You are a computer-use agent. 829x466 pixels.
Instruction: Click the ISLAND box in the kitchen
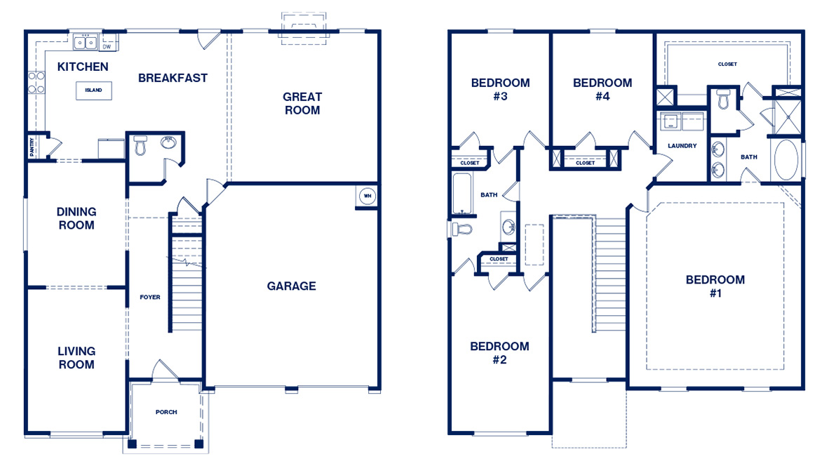click(x=93, y=90)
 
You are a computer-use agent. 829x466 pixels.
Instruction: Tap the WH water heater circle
click(x=367, y=196)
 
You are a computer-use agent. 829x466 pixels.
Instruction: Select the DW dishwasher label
click(x=107, y=47)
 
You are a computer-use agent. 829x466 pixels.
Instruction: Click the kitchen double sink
click(x=87, y=44)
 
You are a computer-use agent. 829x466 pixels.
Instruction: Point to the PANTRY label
click(x=32, y=147)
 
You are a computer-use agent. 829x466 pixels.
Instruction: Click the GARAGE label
click(x=291, y=286)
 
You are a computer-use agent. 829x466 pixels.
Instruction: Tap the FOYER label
click(x=149, y=297)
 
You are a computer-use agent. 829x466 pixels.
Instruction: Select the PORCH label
click(x=166, y=412)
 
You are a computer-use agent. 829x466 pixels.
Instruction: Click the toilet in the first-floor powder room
click(x=140, y=147)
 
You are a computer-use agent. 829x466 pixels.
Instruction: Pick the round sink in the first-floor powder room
click(x=168, y=142)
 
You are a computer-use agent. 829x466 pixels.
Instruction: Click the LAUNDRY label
click(x=682, y=146)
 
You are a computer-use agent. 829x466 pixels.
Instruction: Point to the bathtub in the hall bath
click(x=462, y=193)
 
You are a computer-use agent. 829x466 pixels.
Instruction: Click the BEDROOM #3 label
click(x=500, y=89)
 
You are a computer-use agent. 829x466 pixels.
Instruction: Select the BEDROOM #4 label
click(x=602, y=89)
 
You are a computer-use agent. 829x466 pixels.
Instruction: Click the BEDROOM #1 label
click(x=715, y=286)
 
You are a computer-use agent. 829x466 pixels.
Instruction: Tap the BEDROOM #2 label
click(x=499, y=353)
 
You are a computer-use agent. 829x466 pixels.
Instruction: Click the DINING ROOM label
click(x=76, y=218)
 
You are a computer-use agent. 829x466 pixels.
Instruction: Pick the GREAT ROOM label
click(x=302, y=103)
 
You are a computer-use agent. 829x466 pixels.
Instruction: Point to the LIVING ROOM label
click(x=76, y=357)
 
